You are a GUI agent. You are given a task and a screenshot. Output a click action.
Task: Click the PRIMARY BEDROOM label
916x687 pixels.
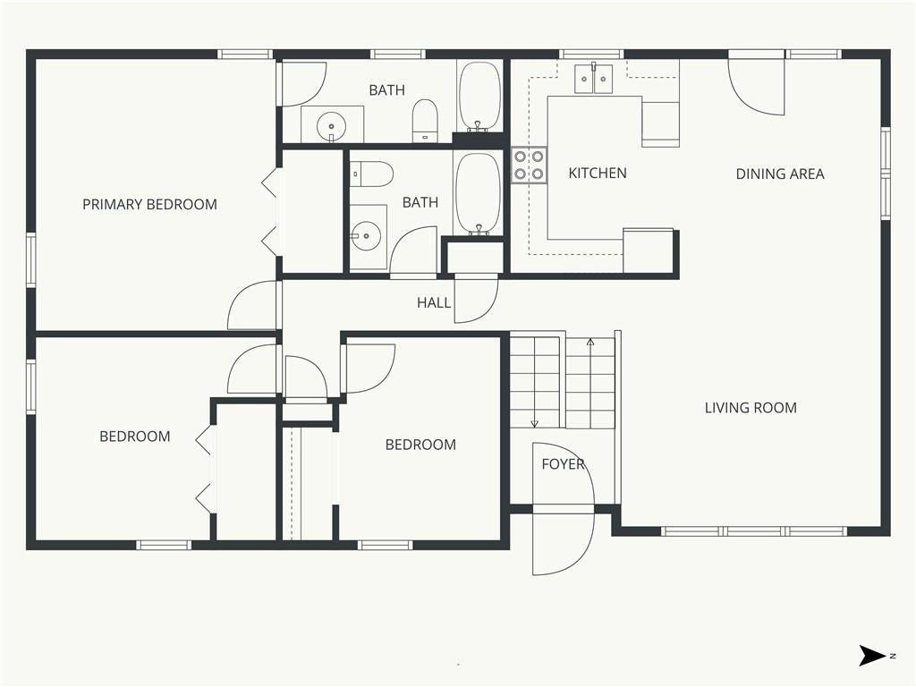[149, 205]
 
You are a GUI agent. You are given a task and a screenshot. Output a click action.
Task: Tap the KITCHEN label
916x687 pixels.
[598, 173]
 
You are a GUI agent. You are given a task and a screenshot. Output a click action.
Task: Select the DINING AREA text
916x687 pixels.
[780, 174]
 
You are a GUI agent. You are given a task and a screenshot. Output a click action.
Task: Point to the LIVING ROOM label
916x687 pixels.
[751, 408]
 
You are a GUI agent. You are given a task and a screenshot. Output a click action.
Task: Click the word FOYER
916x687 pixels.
[564, 464]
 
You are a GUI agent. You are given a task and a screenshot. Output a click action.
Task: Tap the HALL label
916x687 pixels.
[434, 302]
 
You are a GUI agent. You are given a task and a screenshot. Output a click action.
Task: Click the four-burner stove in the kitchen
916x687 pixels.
[530, 165]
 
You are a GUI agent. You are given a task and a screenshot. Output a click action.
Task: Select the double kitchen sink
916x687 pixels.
[594, 79]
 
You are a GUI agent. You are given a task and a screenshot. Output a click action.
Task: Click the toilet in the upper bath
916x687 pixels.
[425, 121]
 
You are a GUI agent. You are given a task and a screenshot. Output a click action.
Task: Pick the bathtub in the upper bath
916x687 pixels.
[479, 97]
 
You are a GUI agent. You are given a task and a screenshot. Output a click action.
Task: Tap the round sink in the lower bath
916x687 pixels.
[366, 236]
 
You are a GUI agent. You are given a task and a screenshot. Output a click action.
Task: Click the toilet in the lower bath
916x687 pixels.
[371, 174]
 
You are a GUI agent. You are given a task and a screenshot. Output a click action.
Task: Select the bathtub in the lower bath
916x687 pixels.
[478, 194]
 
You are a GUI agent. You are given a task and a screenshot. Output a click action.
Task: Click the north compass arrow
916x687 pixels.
[872, 656]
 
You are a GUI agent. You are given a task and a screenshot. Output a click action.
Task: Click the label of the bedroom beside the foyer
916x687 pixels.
[420, 445]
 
